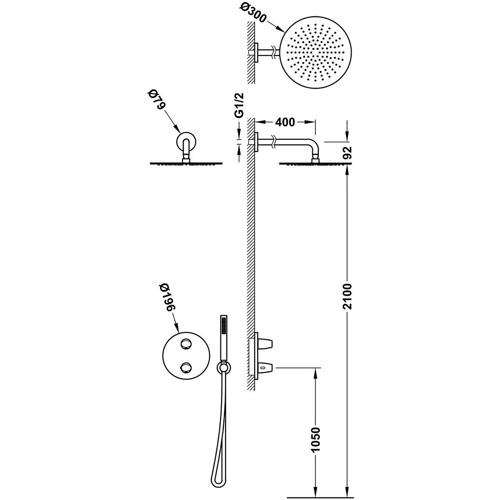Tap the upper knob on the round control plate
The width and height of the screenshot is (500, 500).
pyautogui.click(x=185, y=344)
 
